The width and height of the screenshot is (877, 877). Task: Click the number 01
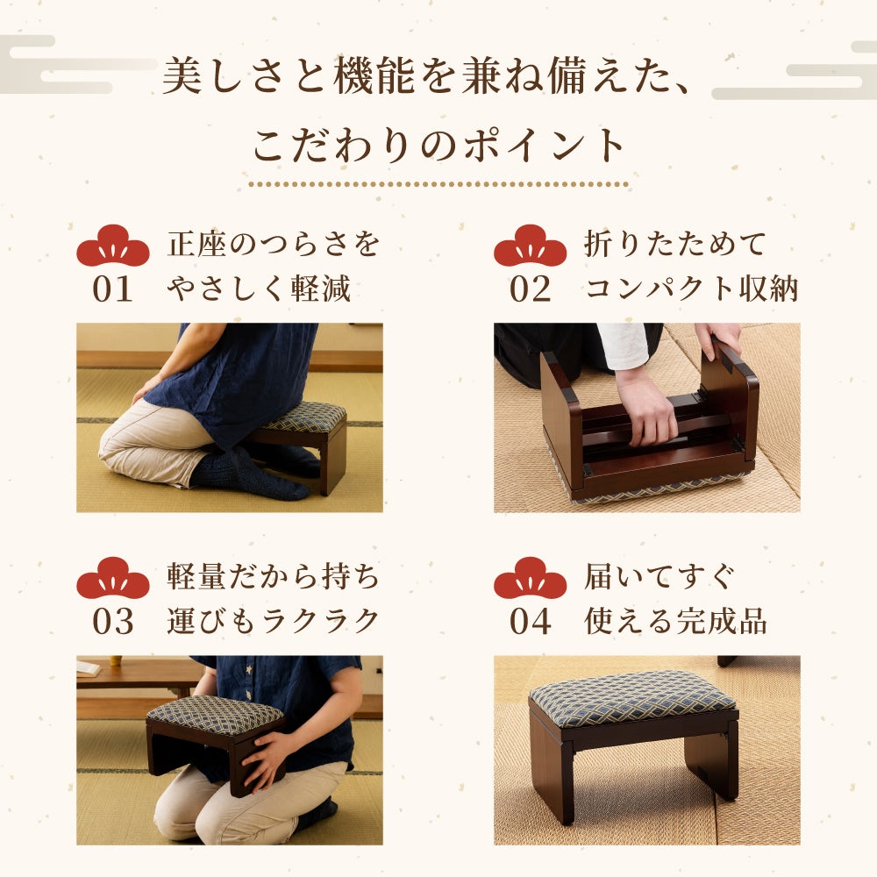coord(112,289)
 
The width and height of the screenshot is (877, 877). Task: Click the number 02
coord(530,289)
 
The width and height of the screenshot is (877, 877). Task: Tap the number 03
coord(112,622)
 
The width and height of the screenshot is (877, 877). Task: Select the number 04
coord(530,622)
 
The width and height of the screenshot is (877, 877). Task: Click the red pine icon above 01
coord(113,246)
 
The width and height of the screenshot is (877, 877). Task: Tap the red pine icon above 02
coord(531,246)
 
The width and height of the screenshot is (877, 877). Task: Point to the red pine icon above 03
coord(113,578)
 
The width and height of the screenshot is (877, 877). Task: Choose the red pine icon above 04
coord(531,578)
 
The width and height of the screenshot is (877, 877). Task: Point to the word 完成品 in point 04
coord(722,622)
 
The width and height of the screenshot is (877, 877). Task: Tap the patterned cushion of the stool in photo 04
coord(632,699)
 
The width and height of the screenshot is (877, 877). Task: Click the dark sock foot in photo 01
coord(252,474)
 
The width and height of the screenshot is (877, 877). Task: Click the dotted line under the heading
coord(438,184)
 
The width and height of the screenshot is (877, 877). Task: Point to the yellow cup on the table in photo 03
coord(116,660)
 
